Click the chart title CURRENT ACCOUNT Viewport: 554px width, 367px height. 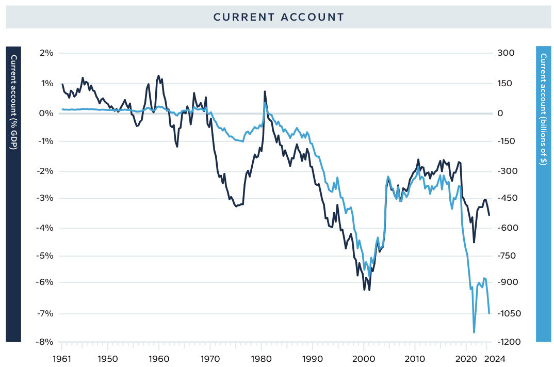[279, 17]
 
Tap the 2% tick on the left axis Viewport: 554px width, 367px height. [46, 53]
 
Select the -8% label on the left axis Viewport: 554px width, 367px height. [46, 342]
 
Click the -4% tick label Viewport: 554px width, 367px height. [46, 228]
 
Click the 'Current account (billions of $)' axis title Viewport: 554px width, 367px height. [544, 108]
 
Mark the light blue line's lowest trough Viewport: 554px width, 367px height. [474, 332]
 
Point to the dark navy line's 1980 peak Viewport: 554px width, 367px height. [265, 92]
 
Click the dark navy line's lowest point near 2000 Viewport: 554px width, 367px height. [369, 290]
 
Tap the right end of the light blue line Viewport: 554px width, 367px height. [489, 313]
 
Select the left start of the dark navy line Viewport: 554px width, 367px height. [62, 84]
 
